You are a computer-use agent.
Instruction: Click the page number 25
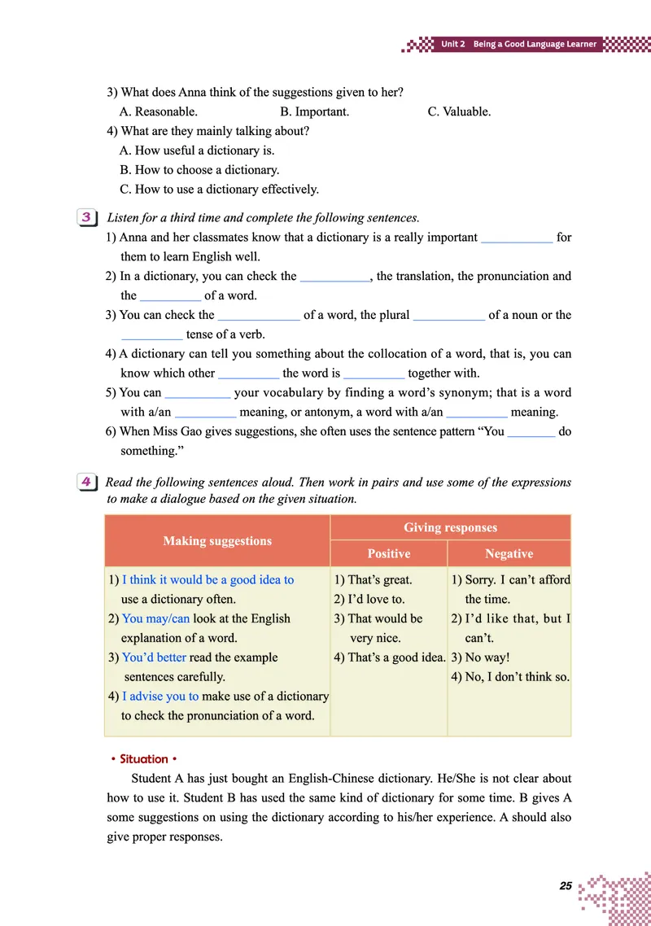tap(566, 885)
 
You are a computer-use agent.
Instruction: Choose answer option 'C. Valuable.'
tap(459, 111)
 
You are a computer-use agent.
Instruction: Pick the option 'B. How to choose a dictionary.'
tap(199, 170)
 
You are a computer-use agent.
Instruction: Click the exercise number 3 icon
tap(86, 217)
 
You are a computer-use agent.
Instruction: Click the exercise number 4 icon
tap(86, 483)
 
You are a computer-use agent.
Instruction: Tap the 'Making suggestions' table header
tap(217, 540)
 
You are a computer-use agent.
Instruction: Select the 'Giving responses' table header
tap(450, 527)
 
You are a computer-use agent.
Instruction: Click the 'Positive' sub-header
tap(388, 553)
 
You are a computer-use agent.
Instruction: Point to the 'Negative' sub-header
tap(509, 553)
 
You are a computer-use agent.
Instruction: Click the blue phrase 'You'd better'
tap(154, 657)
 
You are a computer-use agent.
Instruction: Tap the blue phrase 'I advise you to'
tap(160, 697)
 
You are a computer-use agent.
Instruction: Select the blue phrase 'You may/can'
tap(155, 618)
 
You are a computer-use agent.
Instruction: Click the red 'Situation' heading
tap(144, 758)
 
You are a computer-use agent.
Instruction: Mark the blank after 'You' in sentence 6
tap(531, 432)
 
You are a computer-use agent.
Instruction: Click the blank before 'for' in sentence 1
tap(517, 238)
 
